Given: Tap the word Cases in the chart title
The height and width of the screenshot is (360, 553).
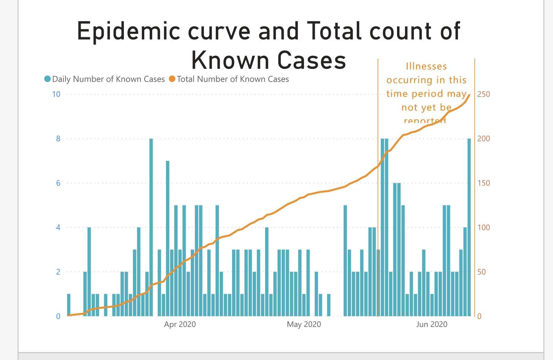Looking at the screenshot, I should click(312, 61).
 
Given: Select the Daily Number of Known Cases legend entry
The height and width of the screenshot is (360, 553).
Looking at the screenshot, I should click(105, 79).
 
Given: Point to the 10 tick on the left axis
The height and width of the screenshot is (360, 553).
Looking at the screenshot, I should click(56, 94).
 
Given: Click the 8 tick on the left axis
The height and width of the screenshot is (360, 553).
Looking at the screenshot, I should click(58, 138).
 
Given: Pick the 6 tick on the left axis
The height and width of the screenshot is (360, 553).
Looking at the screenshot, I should click(58, 183).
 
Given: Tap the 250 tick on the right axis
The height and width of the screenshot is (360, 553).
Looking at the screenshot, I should click(483, 94).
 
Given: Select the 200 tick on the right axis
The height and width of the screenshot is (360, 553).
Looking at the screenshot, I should click(483, 138).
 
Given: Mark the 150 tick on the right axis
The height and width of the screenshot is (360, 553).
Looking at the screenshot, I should click(483, 183).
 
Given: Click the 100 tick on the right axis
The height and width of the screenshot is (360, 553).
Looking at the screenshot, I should click(483, 227).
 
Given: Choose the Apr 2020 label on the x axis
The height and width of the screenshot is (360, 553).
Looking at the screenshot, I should click(180, 324).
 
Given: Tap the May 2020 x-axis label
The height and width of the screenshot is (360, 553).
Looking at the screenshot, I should click(304, 324).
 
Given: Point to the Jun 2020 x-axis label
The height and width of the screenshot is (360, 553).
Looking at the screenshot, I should click(431, 324).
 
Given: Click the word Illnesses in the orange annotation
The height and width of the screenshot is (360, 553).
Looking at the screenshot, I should click(426, 66).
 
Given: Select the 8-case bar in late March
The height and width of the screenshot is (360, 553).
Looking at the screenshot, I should click(151, 227).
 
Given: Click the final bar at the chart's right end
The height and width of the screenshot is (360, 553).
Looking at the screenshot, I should click(469, 227).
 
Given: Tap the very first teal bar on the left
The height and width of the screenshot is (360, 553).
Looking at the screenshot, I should click(69, 305).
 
